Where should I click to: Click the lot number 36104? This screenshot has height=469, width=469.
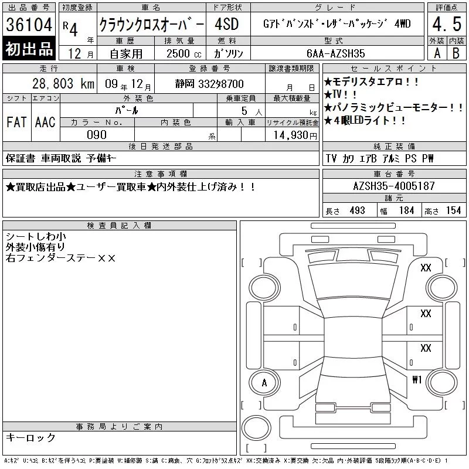(29, 24)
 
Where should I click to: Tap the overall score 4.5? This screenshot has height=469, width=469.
(447, 24)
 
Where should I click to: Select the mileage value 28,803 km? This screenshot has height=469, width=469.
(63, 84)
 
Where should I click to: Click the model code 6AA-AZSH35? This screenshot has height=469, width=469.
(335, 53)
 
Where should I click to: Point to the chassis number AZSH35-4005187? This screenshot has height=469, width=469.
(394, 186)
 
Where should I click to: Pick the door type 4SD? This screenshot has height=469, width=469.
(227, 24)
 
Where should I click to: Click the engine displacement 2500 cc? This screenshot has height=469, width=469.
(183, 54)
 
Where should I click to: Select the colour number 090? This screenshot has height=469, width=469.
(97, 135)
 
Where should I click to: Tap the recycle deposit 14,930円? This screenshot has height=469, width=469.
(295, 135)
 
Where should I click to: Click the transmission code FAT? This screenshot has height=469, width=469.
(16, 122)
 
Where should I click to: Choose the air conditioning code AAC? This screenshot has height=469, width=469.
(45, 122)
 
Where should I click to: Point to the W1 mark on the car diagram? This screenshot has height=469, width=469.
(417, 379)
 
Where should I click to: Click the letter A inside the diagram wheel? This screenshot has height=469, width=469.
(264, 383)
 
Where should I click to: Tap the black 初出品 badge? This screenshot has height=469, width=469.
(29, 49)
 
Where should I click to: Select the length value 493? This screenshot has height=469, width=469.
(357, 210)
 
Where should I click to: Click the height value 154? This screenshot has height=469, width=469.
(453, 210)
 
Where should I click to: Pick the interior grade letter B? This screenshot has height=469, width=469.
(456, 53)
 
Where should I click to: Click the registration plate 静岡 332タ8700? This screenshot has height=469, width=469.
(209, 84)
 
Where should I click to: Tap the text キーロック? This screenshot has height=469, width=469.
(30, 437)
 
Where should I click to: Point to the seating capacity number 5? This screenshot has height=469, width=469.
(244, 111)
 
